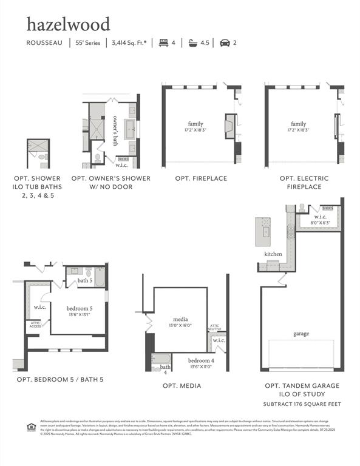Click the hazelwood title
(68, 24)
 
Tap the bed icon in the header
(163, 43)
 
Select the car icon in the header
(224, 43)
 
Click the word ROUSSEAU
(44, 43)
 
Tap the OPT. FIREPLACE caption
(201, 178)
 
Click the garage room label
(301, 334)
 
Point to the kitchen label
(273, 254)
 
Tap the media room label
(180, 319)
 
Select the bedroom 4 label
(201, 360)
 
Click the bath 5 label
(86, 281)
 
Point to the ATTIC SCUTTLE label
(216, 328)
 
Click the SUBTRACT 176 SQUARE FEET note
(301, 404)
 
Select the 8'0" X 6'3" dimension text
(320, 223)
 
